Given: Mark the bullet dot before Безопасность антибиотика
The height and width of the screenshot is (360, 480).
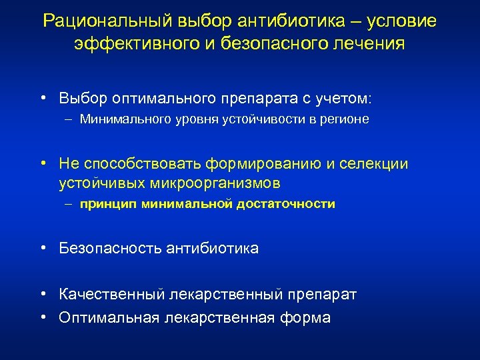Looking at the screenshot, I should (42, 249).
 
